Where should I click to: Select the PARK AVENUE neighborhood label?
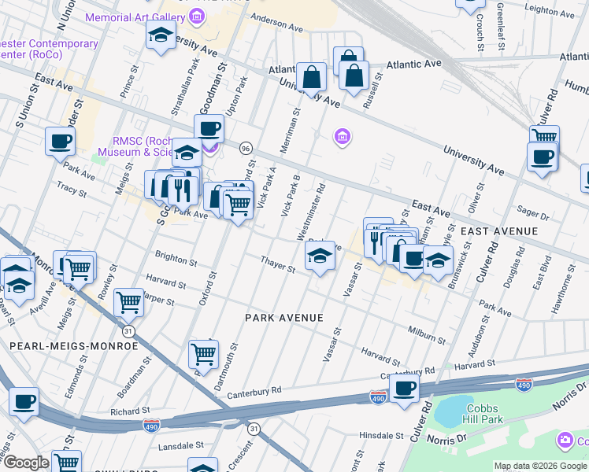click(x=284, y=318)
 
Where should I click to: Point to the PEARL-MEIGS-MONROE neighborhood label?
click(x=74, y=346)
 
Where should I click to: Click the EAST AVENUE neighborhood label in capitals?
click(x=498, y=231)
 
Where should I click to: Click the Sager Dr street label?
click(x=533, y=213)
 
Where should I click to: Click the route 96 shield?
click(x=246, y=149)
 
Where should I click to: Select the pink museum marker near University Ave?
click(x=341, y=138)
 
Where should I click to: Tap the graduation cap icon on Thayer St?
click(x=319, y=256)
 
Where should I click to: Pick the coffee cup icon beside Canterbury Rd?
click(x=405, y=388)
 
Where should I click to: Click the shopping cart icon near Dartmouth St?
click(x=204, y=355)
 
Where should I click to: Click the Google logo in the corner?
click(x=26, y=463)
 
